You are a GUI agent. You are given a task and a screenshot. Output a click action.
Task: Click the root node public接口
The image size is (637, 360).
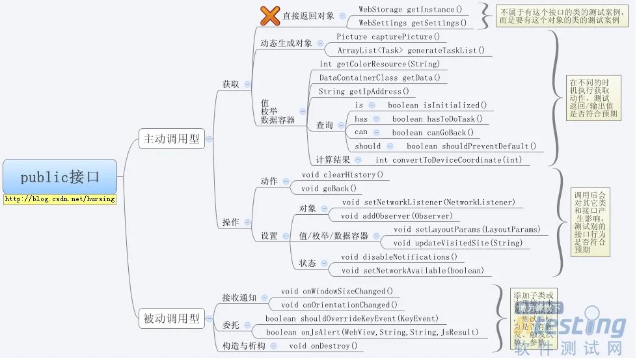(60, 176)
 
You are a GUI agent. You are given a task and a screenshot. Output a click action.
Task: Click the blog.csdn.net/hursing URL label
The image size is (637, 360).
(60, 199)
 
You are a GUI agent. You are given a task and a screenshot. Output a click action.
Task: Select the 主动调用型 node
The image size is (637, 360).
(172, 138)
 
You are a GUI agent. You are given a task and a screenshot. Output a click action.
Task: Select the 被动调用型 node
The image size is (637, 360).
(172, 318)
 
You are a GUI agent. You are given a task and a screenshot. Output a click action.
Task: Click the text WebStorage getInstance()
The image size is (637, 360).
(411, 9)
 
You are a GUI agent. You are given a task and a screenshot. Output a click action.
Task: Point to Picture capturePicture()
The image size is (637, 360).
(388, 36)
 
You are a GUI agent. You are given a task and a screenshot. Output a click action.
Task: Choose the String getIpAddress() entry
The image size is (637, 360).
(364, 91)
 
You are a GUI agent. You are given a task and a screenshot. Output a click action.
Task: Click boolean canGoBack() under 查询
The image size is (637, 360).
(433, 132)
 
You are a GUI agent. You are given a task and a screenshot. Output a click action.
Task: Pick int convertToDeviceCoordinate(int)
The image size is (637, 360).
(448, 159)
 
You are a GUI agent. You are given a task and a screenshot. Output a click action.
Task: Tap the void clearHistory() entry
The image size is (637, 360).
(342, 174)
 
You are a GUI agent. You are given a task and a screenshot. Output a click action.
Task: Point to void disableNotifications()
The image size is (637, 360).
(399, 256)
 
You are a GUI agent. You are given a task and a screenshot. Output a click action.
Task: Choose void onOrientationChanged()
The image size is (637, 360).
(339, 305)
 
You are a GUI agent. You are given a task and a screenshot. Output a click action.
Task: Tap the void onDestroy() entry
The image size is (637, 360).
(323, 346)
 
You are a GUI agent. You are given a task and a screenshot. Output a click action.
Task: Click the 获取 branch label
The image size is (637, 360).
(231, 84)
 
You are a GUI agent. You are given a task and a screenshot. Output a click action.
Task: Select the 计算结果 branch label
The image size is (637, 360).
(332, 159)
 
